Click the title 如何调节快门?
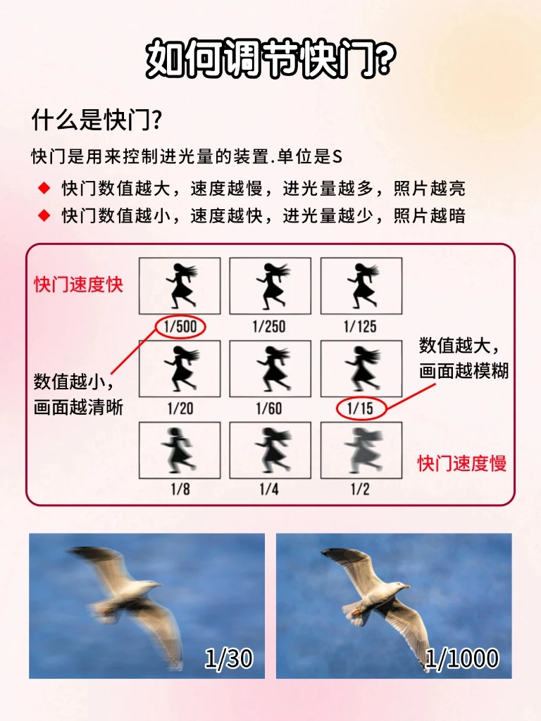(x=270, y=58)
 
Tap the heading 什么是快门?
(x=96, y=120)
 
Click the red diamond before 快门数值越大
(x=44, y=188)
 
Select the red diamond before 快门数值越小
(x=44, y=215)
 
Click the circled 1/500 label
(x=180, y=327)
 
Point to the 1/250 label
(x=269, y=327)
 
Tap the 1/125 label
(x=360, y=327)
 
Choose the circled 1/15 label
(x=360, y=408)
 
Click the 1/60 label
(x=269, y=408)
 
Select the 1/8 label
(x=180, y=489)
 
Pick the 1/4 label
(x=269, y=489)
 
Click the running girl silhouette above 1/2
(x=363, y=450)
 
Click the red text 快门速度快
(x=79, y=284)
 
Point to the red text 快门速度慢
(x=462, y=463)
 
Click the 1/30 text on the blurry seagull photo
(x=229, y=658)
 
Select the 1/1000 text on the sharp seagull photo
(x=461, y=658)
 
